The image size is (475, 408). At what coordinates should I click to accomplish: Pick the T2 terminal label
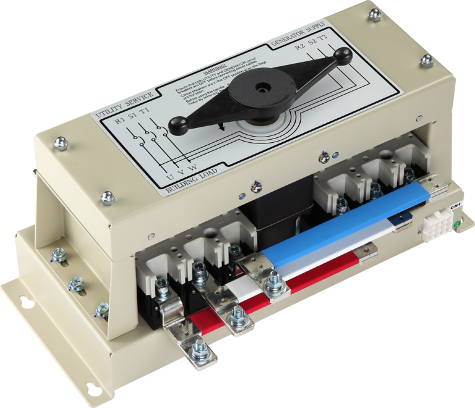[322, 35]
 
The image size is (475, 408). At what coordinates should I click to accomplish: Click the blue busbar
[346, 229]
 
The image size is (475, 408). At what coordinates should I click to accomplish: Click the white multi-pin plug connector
[438, 225]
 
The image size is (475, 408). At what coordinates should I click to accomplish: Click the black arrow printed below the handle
[221, 128]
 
